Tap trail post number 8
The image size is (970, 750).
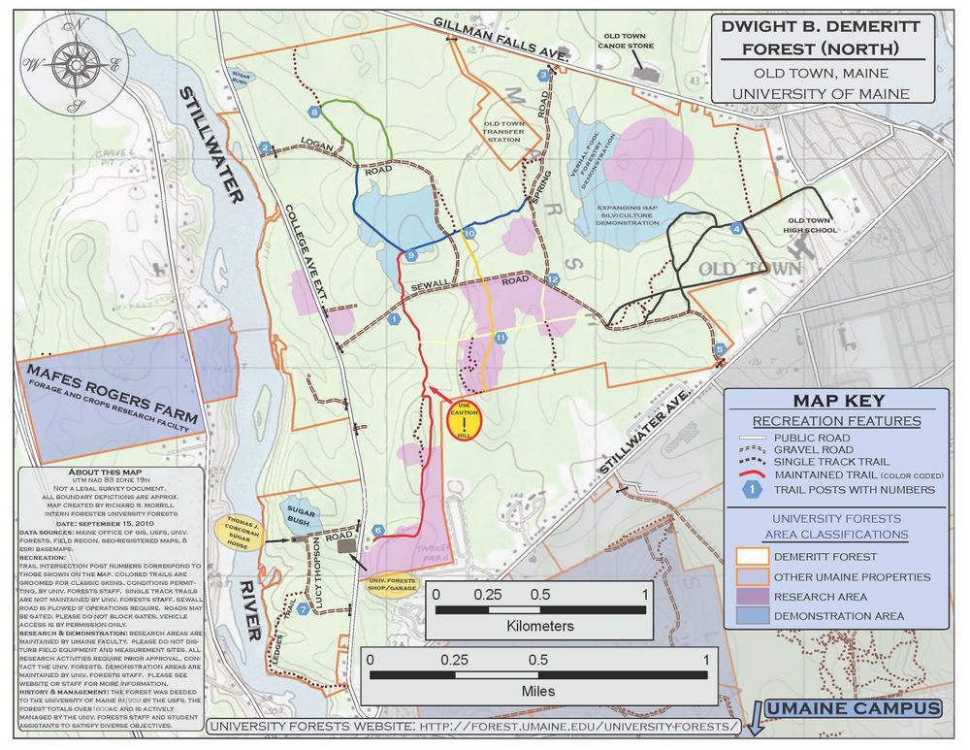[x=314, y=113]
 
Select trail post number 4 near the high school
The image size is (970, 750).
[x=737, y=229]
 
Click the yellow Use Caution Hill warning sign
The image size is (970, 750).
[x=467, y=420]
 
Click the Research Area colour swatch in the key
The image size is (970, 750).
[x=751, y=596]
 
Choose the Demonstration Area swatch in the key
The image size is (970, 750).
[x=751, y=615]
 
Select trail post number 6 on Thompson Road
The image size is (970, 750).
[x=378, y=531]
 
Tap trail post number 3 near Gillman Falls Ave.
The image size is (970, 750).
[x=543, y=76]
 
